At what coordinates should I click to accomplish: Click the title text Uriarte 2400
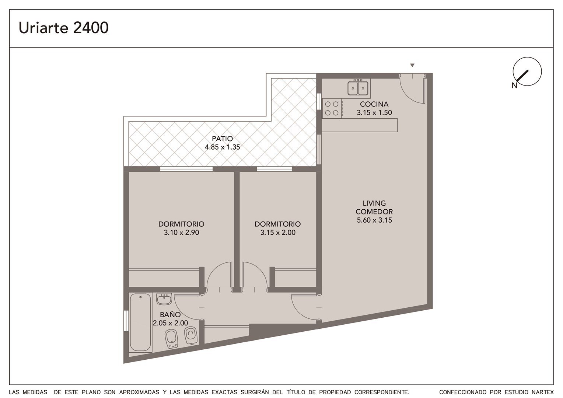pyautogui.click(x=64, y=28)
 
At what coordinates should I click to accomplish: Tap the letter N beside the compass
pyautogui.click(x=514, y=86)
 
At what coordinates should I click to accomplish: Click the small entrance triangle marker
pyautogui.click(x=412, y=65)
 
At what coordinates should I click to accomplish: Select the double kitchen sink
pyautogui.click(x=358, y=88)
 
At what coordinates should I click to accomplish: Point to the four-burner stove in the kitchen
pyautogui.click(x=332, y=108)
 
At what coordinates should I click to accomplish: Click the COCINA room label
pyautogui.click(x=374, y=104)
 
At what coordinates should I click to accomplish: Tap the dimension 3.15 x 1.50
pyautogui.click(x=374, y=113)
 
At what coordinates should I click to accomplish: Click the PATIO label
pyautogui.click(x=222, y=139)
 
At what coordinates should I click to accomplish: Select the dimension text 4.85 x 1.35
pyautogui.click(x=223, y=147)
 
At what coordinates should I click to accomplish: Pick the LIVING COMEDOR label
pyautogui.click(x=374, y=207)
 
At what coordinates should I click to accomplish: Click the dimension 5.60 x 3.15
pyautogui.click(x=374, y=220)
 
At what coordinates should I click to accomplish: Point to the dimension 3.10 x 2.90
pyautogui.click(x=182, y=233)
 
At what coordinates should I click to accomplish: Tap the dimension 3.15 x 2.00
pyautogui.click(x=278, y=233)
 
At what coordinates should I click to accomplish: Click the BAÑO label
pyautogui.click(x=170, y=314)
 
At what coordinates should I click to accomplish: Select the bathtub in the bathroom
pyautogui.click(x=140, y=322)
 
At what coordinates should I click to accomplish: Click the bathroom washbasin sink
pyautogui.click(x=164, y=299)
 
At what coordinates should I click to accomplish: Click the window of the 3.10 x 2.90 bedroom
pyautogui.click(x=186, y=169)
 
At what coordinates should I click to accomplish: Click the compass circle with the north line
pyautogui.click(x=527, y=71)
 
